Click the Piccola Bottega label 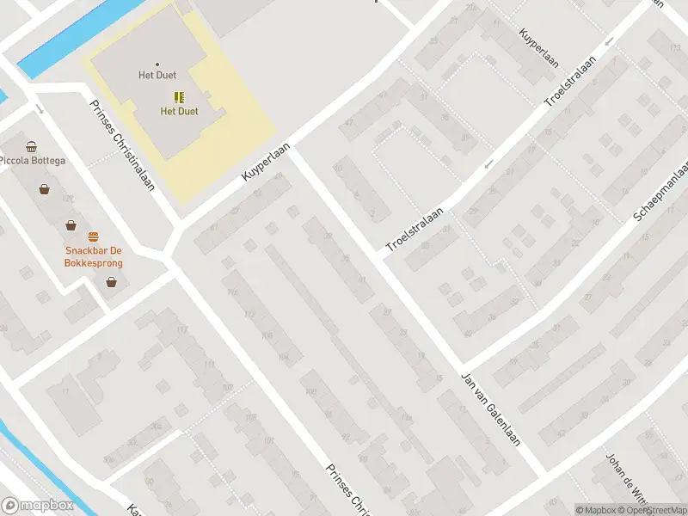(32, 161)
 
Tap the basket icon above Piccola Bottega (32, 146)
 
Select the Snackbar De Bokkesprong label (92, 256)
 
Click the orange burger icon (93, 236)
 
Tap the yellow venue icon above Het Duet (179, 97)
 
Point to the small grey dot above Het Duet (157, 64)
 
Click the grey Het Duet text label (157, 76)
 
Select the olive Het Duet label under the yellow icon (179, 112)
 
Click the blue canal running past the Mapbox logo (43, 469)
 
